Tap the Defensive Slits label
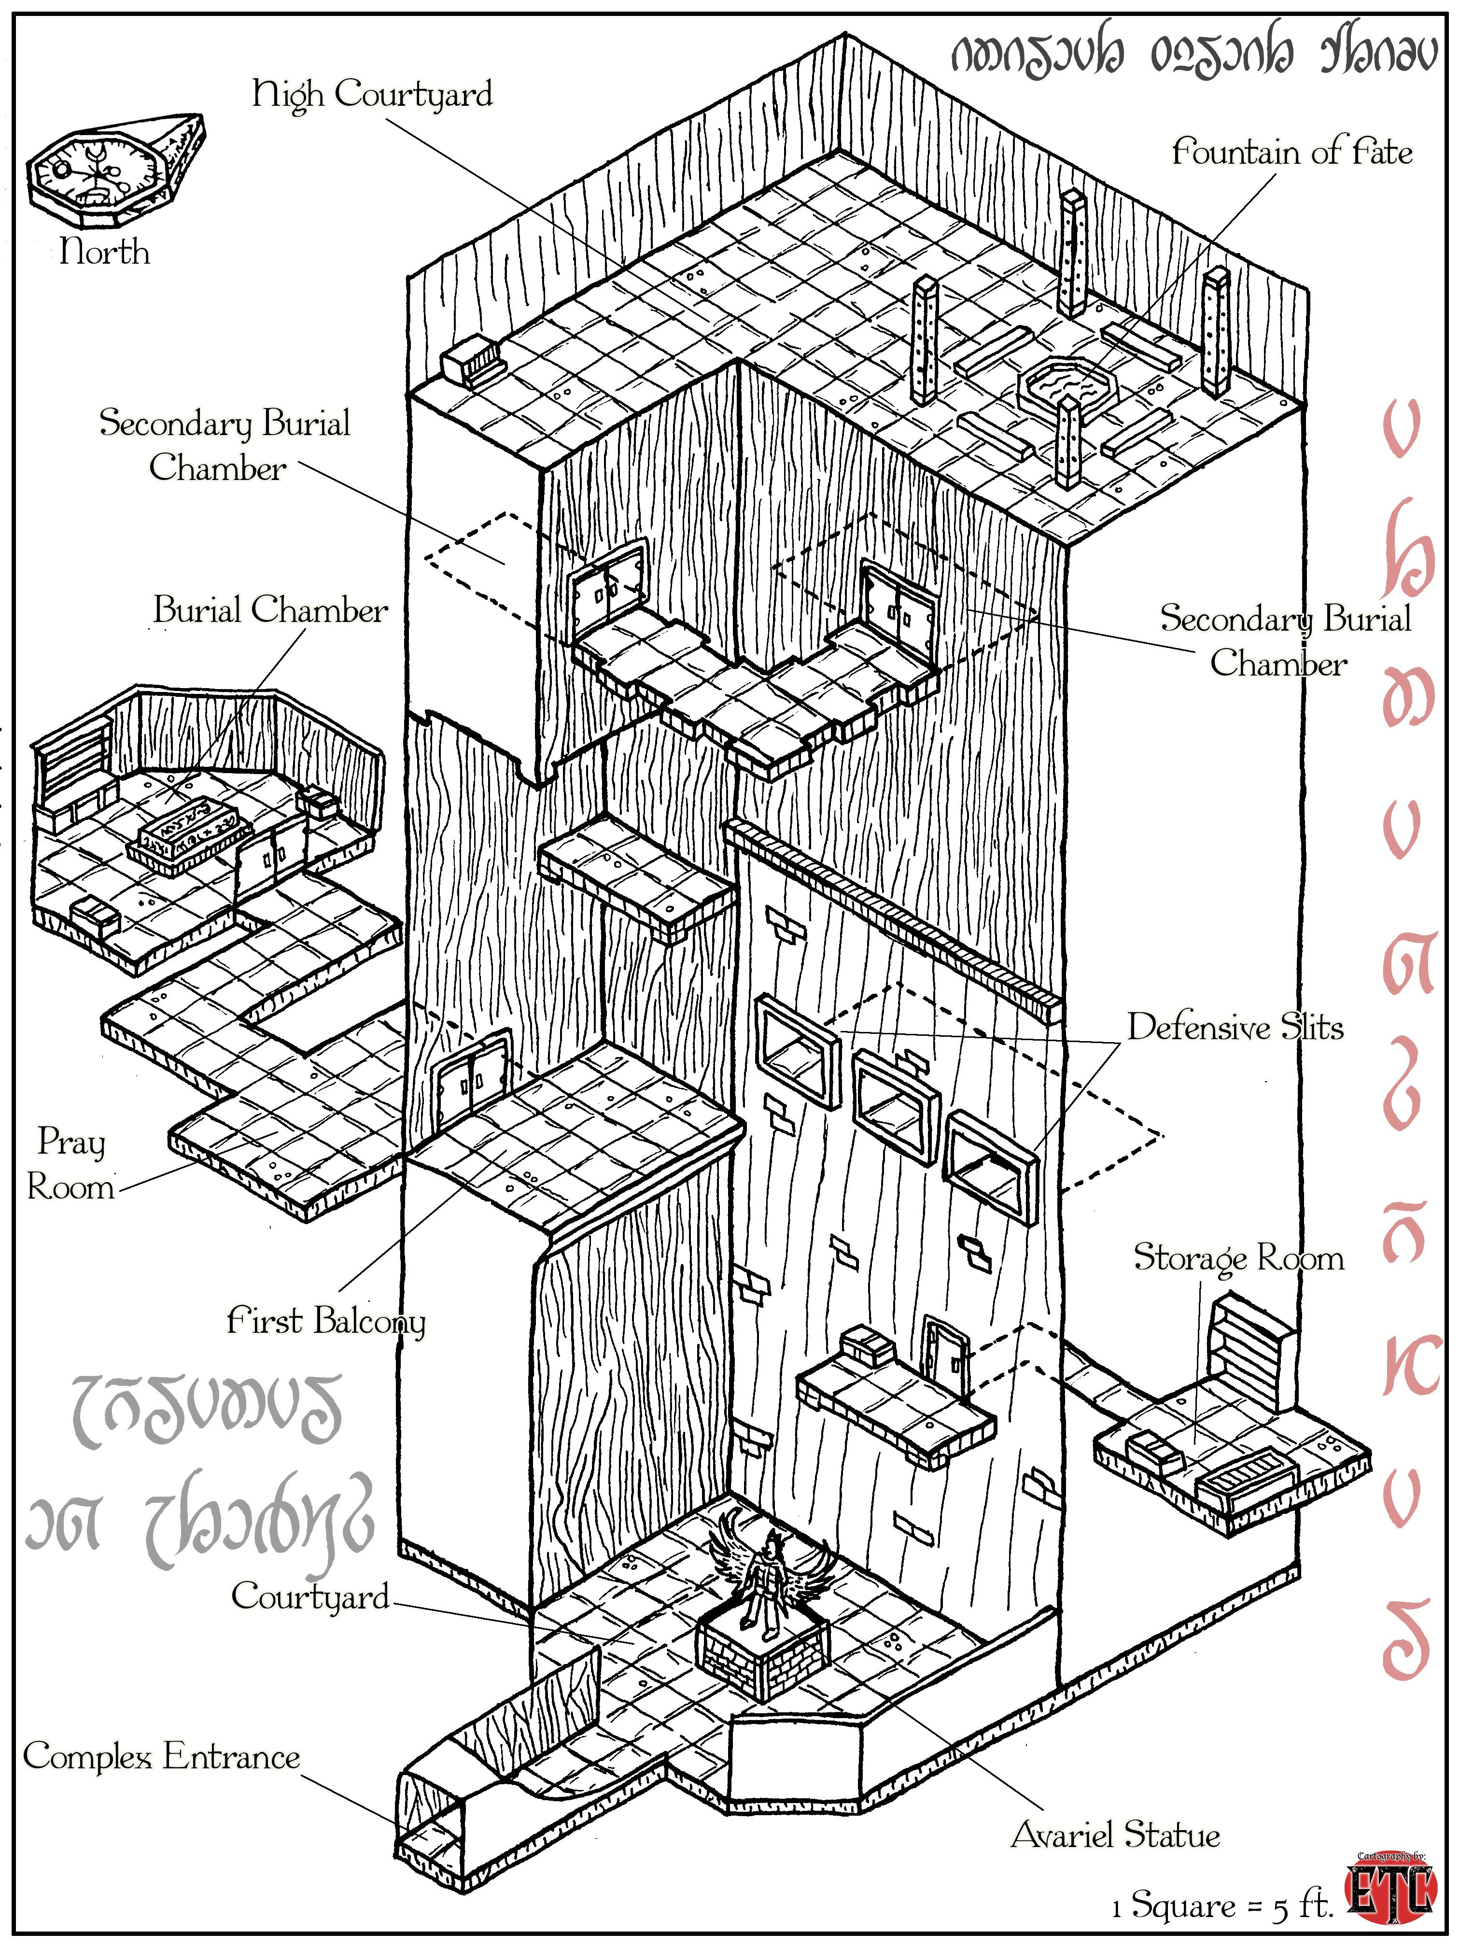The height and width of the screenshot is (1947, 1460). pyautogui.click(x=1235, y=1027)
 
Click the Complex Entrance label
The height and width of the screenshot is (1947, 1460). pyautogui.click(x=161, y=1757)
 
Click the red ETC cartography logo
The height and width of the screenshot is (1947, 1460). pyautogui.click(x=1390, y=1891)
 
